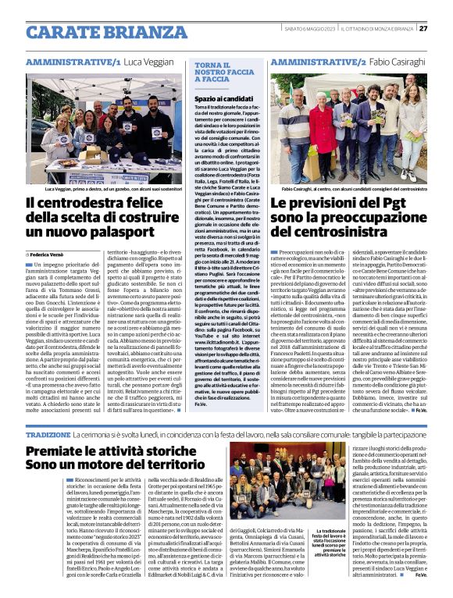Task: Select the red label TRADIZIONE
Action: click(48, 434)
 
